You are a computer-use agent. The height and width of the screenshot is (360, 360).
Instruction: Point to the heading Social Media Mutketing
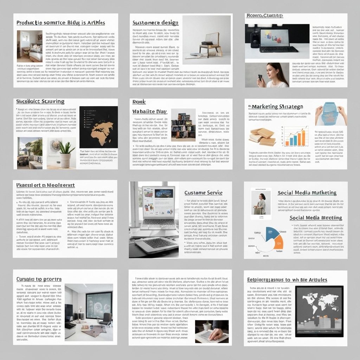pyautogui.click(x=307, y=193)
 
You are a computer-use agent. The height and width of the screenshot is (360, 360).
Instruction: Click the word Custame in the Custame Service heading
pyautogui.click(x=194, y=193)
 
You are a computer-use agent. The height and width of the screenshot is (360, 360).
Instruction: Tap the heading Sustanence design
pyautogui.click(x=155, y=23)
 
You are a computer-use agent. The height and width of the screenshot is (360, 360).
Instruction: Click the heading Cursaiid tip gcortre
pyautogui.click(x=39, y=279)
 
